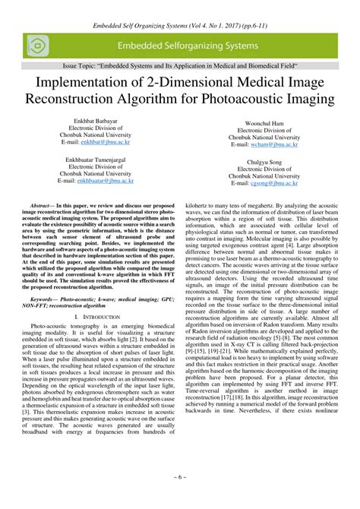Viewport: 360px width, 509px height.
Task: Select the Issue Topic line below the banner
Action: [180, 68]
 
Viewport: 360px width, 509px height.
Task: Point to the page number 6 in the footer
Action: [180, 498]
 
